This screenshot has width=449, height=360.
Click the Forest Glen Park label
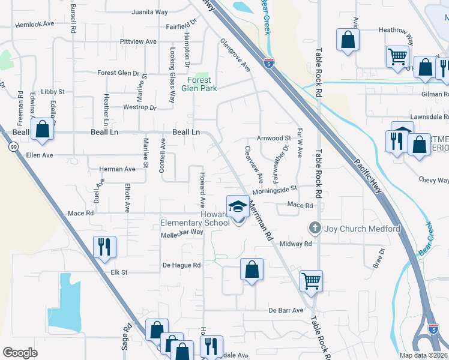199,83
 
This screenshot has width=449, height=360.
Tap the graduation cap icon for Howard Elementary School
238,206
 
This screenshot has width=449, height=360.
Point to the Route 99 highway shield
13,146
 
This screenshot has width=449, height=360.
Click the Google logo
20,353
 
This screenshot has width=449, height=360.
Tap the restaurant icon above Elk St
104,246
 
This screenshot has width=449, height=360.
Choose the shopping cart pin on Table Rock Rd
311,280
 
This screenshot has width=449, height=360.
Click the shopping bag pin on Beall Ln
42,129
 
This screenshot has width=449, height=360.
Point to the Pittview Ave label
138,41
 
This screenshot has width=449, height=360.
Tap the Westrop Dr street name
139,108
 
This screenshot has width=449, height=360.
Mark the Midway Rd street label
296,244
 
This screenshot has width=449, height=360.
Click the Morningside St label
275,190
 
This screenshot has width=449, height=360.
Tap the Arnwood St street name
274,138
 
